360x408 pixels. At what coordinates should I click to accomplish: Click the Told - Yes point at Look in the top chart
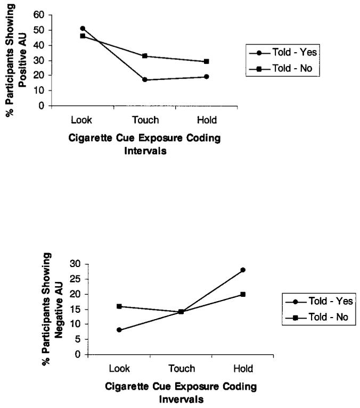[83, 28]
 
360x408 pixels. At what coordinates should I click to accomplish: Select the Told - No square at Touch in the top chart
[145, 56]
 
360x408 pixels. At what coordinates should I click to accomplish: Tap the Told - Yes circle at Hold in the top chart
[206, 77]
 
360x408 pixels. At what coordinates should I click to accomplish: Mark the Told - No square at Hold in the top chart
[206, 61]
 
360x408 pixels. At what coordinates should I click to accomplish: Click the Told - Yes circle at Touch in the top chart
[145, 80]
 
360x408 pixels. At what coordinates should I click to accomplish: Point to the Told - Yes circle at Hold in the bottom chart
[242, 270]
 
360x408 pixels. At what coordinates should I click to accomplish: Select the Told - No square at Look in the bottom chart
[119, 306]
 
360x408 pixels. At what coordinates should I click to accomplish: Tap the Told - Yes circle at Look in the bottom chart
[119, 330]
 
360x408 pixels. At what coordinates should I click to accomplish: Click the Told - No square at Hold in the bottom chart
[242, 294]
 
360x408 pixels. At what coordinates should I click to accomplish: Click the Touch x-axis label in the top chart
[145, 121]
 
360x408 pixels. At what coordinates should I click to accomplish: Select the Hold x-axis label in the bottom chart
[242, 369]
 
